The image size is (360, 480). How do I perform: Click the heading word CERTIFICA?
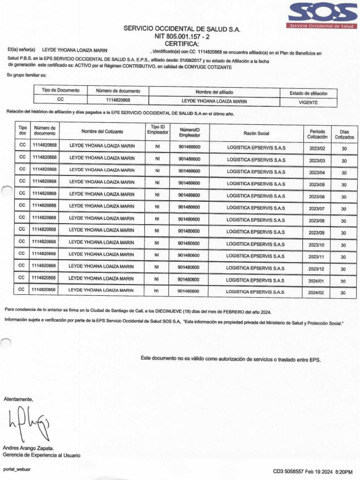[x=182, y=44]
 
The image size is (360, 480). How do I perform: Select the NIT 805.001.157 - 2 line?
[x=182, y=36]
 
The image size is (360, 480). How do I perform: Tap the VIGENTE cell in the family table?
[x=308, y=102]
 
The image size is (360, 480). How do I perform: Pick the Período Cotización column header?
[x=317, y=134]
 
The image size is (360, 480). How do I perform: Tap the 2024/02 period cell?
[x=317, y=292]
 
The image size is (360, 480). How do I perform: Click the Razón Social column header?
[x=256, y=134]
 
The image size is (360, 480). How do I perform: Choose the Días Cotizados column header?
[x=344, y=135]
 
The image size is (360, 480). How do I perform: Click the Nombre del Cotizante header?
[x=102, y=131]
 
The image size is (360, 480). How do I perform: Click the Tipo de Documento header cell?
[x=60, y=90]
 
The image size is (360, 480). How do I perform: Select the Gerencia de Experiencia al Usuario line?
[x=41, y=455]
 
